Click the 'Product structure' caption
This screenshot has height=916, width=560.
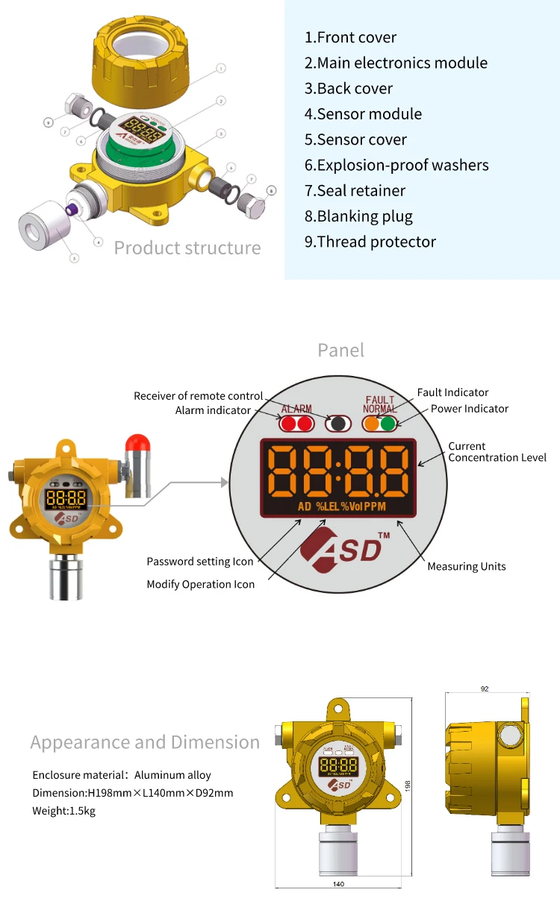click(x=187, y=248)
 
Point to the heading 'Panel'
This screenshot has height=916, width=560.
click(x=340, y=350)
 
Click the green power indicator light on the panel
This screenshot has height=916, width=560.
click(x=388, y=424)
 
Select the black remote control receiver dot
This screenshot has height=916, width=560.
click(x=337, y=424)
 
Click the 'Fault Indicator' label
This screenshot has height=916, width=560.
click(x=452, y=392)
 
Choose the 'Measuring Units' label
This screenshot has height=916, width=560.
click(x=466, y=567)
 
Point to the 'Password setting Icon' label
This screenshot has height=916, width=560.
click(x=199, y=562)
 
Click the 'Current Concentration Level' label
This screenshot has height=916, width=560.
click(x=497, y=452)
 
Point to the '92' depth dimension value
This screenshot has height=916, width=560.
click(x=485, y=688)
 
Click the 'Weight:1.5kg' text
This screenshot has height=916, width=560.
click(x=63, y=811)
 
